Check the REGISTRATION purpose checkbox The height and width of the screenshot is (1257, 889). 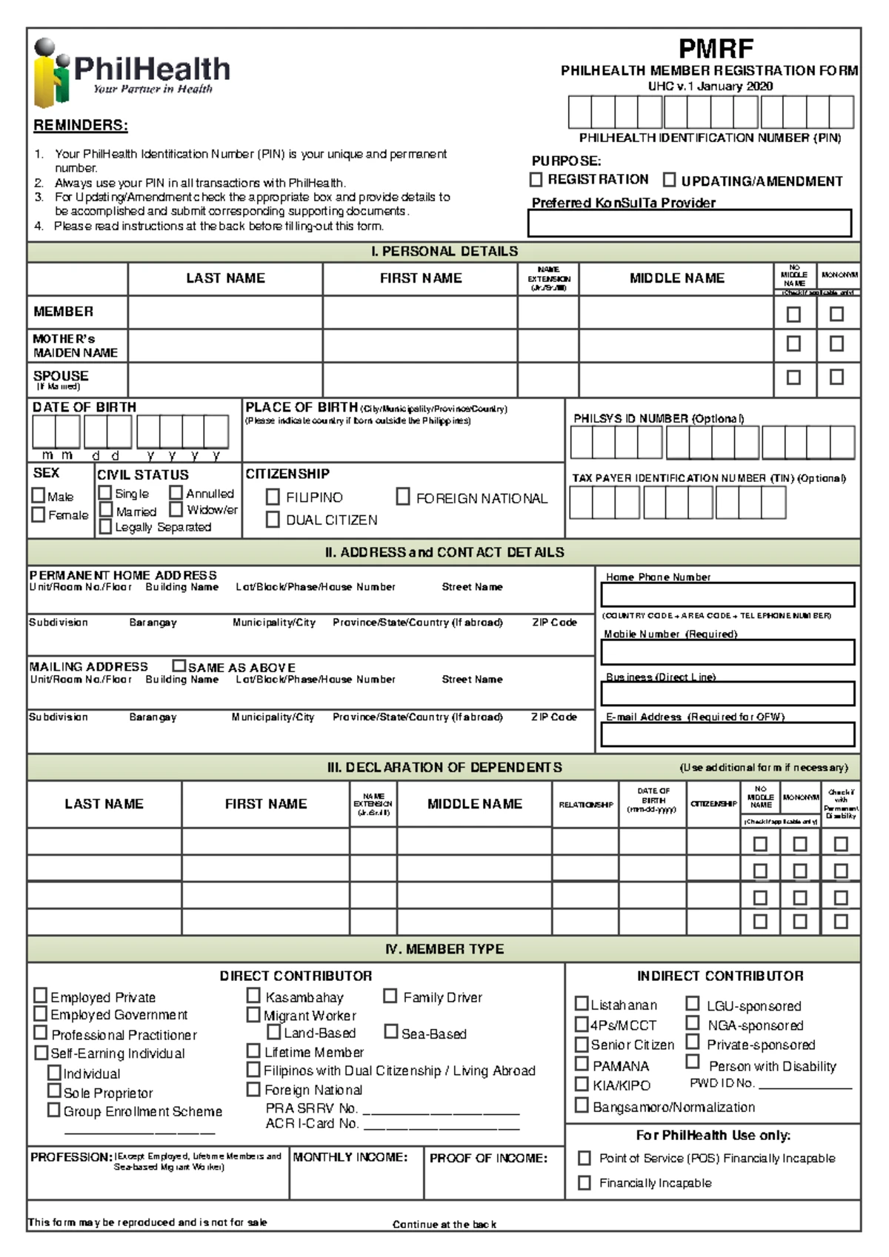click(x=536, y=180)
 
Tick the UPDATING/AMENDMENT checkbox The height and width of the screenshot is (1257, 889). click(x=669, y=180)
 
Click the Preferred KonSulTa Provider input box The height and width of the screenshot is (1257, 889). click(x=690, y=223)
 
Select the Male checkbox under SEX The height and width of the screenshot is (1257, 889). click(x=39, y=495)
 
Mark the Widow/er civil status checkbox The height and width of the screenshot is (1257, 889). click(x=176, y=509)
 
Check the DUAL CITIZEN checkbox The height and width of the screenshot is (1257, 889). click(x=273, y=520)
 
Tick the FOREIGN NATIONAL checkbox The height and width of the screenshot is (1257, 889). click(x=403, y=497)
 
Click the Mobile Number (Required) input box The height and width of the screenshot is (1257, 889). click(x=727, y=652)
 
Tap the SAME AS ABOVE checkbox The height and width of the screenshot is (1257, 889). click(x=179, y=666)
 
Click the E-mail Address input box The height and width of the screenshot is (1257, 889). click(x=727, y=734)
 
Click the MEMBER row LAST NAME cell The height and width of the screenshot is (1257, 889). click(x=225, y=312)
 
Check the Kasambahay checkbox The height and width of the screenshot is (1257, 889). click(x=253, y=996)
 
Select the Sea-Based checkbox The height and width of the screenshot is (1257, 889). click(x=391, y=1031)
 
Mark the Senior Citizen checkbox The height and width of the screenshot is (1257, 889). click(x=582, y=1044)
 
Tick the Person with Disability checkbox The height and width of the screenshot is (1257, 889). click(x=693, y=1062)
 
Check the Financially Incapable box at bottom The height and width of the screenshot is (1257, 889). click(x=585, y=1182)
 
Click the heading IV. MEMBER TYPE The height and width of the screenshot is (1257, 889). click(x=444, y=949)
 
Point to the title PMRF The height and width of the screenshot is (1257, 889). click(x=716, y=49)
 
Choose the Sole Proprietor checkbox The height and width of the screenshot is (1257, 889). click(x=54, y=1090)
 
